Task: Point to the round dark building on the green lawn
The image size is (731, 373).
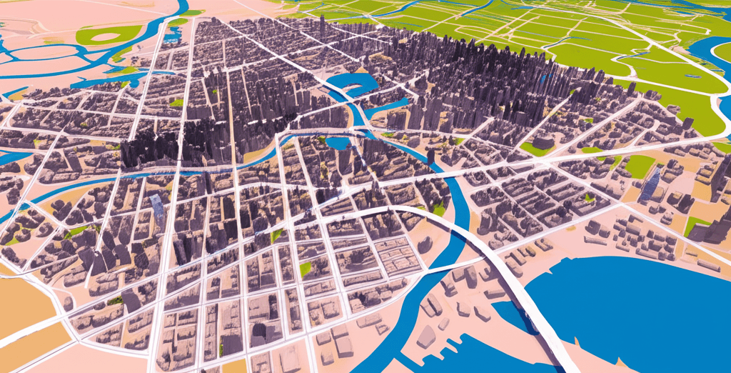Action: pos(543,142)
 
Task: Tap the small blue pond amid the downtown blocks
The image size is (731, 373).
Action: pos(338,142)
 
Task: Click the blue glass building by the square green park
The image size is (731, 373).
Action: pos(650,184)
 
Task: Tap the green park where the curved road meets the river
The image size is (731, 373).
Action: pos(438,208)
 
